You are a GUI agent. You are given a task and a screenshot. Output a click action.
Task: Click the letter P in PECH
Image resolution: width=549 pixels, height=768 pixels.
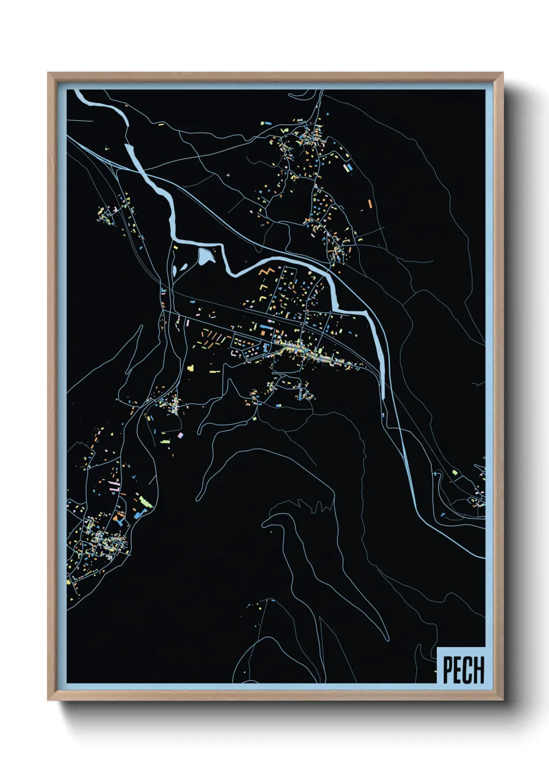click(x=447, y=670)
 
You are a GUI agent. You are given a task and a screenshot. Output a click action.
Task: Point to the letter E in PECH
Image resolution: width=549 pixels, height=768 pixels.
click(x=457, y=670)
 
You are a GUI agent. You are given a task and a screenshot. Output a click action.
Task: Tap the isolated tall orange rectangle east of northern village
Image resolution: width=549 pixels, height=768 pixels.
click(x=369, y=203)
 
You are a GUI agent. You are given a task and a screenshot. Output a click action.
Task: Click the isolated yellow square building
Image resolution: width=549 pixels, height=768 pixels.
click(x=190, y=367)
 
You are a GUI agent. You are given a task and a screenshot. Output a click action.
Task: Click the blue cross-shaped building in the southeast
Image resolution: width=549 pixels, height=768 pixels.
click(x=435, y=474)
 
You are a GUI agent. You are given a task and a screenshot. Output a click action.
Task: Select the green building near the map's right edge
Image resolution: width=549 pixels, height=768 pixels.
click(x=455, y=472)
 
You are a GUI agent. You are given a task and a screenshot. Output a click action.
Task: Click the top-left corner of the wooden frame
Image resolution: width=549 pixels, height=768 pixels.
click(x=49, y=74)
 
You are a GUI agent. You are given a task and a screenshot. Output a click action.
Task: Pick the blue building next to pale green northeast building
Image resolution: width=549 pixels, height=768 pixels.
click(x=350, y=168)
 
